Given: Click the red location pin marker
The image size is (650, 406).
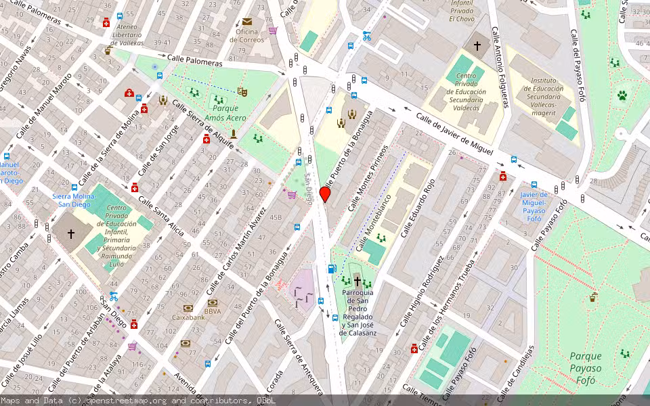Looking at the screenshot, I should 325,195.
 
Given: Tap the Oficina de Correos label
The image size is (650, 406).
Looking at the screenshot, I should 246,36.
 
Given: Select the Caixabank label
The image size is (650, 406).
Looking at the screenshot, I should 188,317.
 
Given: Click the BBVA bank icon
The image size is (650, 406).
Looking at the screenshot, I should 213,302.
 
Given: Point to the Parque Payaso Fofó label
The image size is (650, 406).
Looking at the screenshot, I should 585,368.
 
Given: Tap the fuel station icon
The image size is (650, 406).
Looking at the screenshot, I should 331,269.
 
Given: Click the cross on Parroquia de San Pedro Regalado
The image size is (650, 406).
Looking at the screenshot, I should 357,280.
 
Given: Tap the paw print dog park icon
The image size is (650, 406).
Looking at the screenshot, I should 622,96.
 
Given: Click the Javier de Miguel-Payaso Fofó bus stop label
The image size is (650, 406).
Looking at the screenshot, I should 534,206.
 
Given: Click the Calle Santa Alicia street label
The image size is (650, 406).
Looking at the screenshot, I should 161,217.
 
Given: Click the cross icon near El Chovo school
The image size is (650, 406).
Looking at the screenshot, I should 477,46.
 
